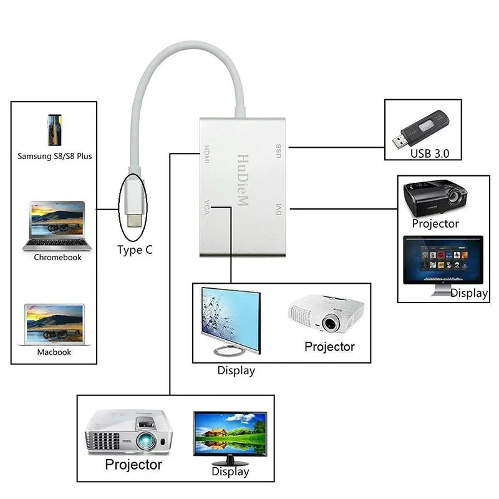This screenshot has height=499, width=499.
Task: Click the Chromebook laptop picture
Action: (57, 225)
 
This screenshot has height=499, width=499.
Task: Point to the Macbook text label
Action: (54, 352)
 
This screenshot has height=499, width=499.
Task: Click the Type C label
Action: (134, 250)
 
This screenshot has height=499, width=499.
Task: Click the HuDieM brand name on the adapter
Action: (242, 181)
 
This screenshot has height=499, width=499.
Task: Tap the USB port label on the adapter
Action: (279, 152)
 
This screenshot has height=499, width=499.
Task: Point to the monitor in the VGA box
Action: (229, 321)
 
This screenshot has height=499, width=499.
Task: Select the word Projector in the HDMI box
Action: (133, 464)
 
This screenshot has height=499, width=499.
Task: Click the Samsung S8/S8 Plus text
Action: (55, 156)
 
